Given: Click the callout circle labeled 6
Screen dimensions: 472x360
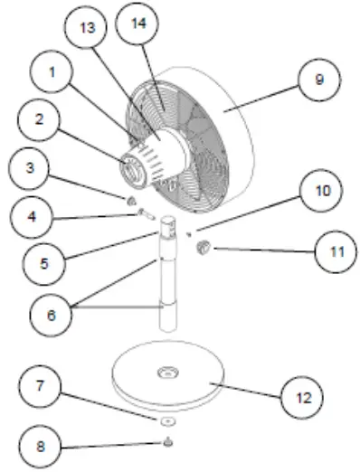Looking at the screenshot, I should (53, 316).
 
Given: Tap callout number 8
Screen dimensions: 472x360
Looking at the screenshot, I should (35, 446).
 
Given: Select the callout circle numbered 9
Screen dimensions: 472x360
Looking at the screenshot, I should (318, 80).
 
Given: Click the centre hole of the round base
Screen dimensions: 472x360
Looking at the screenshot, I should (169, 373).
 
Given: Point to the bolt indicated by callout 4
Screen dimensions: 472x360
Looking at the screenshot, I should (146, 214).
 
